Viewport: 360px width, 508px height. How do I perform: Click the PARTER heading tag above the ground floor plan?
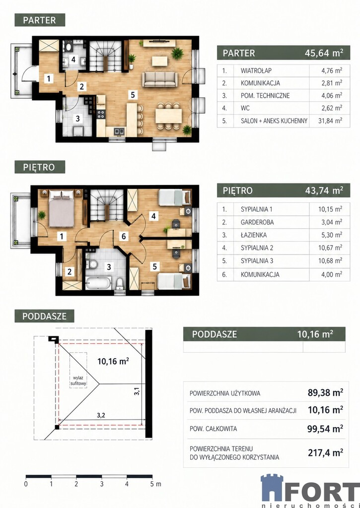tap(40, 20)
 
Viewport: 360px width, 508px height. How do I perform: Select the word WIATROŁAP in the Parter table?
tap(256, 70)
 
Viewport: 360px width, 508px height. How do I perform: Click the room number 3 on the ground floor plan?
tap(77, 118)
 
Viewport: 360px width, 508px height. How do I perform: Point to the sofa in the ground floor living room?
tap(160, 79)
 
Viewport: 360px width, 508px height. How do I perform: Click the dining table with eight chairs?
tap(168, 116)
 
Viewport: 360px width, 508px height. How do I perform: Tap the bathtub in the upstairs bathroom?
tap(98, 282)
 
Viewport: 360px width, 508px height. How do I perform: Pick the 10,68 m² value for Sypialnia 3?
tap(330, 260)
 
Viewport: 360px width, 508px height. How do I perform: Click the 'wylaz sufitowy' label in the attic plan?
tap(78, 381)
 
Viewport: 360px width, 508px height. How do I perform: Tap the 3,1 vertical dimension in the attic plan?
tap(137, 391)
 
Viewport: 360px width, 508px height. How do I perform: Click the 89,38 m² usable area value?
tap(325, 393)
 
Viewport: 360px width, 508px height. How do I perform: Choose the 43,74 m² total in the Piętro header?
tap(324, 190)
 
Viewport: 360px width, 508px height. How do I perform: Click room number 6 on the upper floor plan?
tap(124, 237)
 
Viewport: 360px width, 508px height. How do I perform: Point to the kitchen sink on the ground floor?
tap(119, 131)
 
